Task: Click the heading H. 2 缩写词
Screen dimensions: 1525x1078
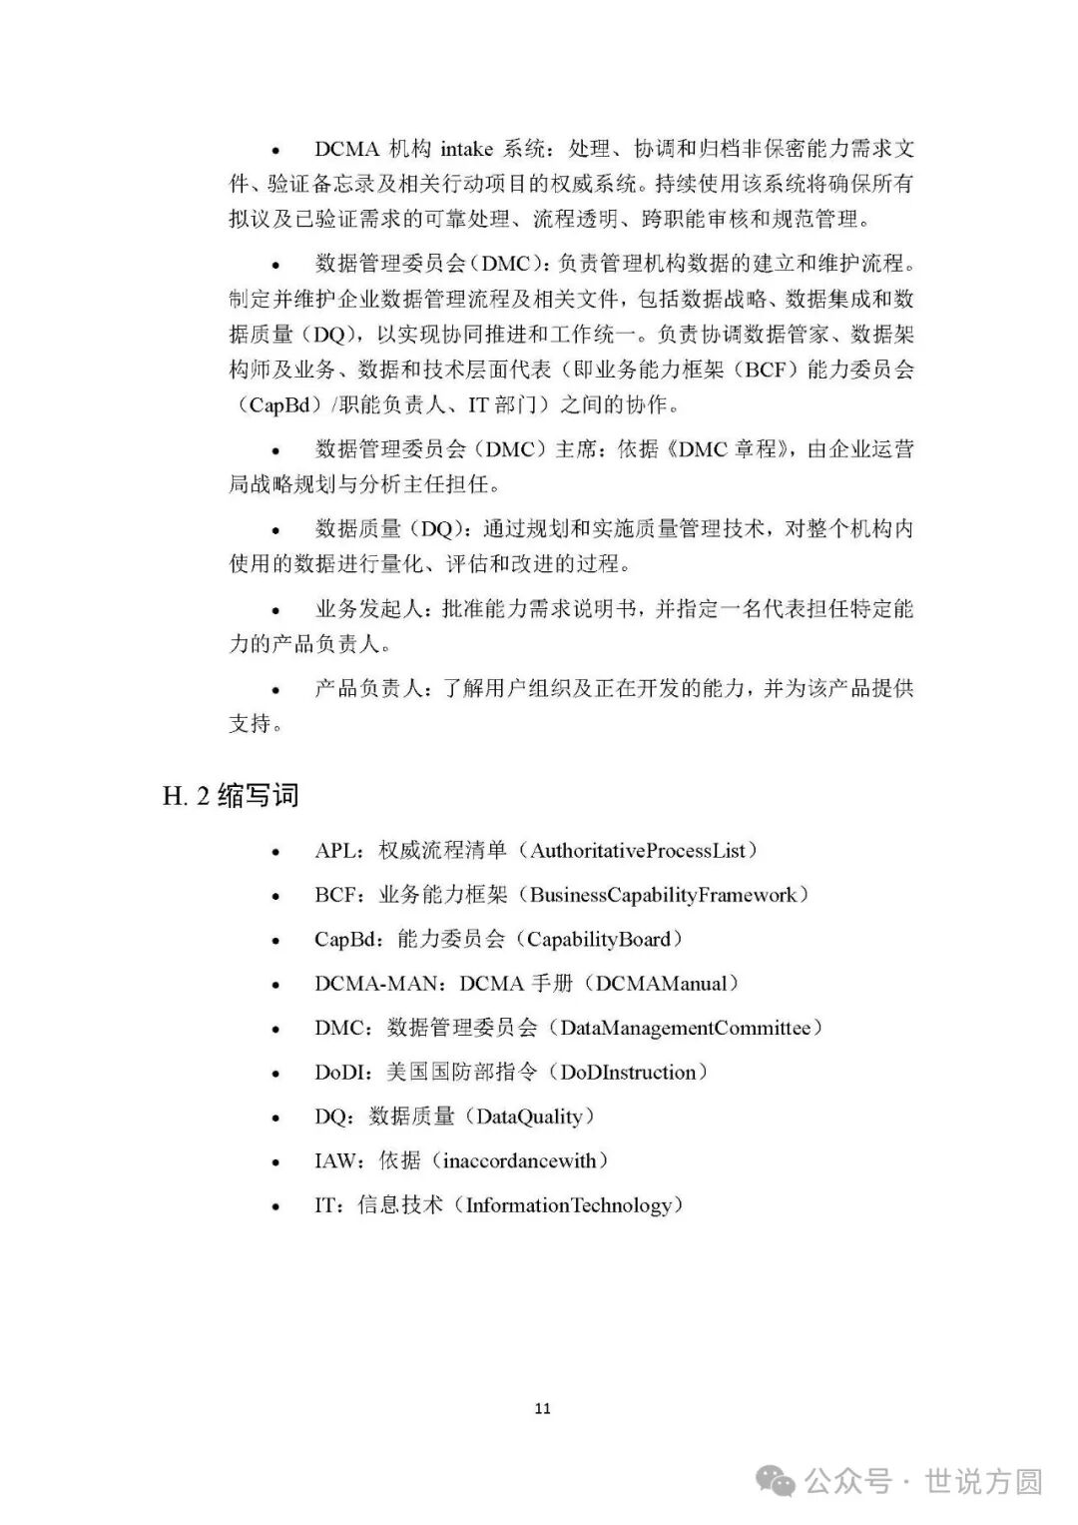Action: pos(231,796)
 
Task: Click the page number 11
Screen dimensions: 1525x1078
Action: pos(542,1408)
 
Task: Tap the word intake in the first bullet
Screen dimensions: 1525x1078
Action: pos(466,150)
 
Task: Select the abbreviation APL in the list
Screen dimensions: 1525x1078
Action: pos(335,851)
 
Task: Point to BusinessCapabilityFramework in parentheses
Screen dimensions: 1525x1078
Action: pos(664,895)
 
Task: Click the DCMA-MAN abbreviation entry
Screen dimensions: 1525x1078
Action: pos(375,984)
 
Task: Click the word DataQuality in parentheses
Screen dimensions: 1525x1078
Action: pos(529,1117)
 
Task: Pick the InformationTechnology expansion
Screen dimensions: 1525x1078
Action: pos(568,1205)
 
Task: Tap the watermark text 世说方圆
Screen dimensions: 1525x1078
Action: pos(983,1482)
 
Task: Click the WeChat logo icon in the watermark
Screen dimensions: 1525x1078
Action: pos(777,1482)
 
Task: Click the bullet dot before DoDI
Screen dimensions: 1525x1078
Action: pos(275,1075)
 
